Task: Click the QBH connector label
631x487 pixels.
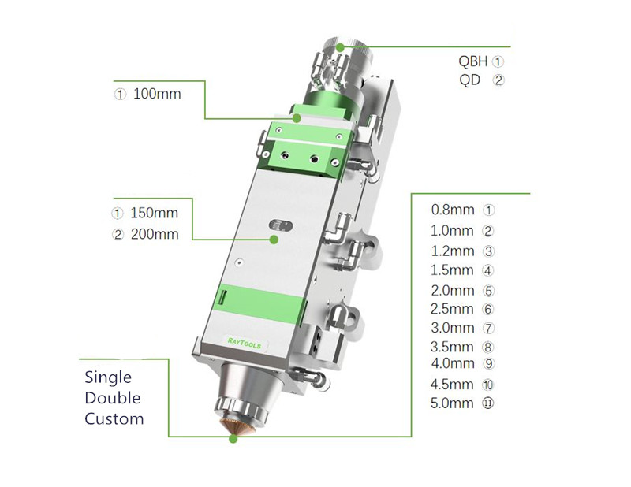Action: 474,61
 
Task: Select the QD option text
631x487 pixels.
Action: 469,80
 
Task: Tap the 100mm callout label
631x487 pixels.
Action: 157,94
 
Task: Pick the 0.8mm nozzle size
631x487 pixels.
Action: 452,210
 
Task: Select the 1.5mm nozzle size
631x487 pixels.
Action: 452,270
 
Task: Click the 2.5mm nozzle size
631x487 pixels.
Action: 452,309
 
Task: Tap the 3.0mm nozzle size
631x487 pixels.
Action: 452,328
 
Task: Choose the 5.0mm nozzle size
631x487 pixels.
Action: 452,403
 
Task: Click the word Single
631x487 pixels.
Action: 108,378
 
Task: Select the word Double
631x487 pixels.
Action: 112,398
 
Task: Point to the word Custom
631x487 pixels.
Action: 114,418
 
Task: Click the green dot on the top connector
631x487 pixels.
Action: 341,46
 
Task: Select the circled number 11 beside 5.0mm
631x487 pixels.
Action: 488,403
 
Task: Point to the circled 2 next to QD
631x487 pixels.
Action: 498,80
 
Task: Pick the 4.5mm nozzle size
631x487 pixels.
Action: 452,385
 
